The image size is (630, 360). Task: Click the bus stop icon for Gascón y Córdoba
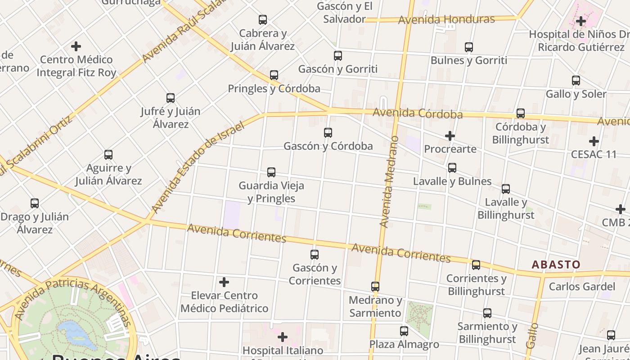point(328,133)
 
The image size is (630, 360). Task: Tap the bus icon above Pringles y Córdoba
point(274,75)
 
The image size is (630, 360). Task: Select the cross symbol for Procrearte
point(450,135)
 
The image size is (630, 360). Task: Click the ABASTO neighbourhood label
point(556,265)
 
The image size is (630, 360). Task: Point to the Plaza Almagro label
point(404,344)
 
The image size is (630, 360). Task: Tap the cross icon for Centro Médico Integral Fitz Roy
point(76,46)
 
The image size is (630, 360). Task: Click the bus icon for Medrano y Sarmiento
point(375,287)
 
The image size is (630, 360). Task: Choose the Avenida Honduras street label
point(446,19)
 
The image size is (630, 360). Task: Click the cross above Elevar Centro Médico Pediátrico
point(224,282)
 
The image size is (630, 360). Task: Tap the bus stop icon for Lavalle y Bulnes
point(452,168)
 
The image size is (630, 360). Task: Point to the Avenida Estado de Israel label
point(198,166)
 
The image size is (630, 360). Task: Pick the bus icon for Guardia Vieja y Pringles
point(271,172)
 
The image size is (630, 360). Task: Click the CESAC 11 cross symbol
point(594,141)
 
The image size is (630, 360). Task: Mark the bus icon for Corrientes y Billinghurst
point(476,265)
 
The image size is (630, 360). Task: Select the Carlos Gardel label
point(582,287)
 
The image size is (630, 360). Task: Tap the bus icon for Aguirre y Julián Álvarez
point(108,155)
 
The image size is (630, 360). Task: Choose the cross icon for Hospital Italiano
point(283,337)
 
